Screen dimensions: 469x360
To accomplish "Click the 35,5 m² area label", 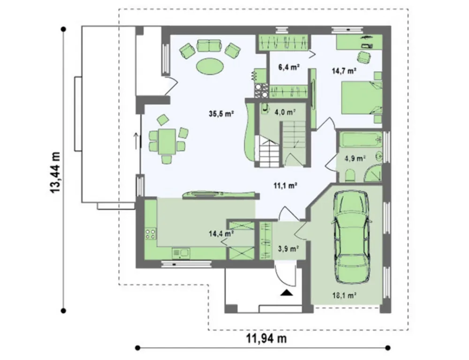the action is tap(221, 113).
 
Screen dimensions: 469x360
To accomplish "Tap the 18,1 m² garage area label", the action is tap(344, 295).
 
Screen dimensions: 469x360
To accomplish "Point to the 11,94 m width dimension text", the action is tap(266, 338).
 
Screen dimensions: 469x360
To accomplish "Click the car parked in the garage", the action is tap(352, 237).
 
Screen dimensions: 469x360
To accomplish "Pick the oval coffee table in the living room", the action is tap(209, 65).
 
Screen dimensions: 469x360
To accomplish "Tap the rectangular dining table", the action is tap(167, 142).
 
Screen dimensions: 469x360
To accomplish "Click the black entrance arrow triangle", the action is tap(287, 292).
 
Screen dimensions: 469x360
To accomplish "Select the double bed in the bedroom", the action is tap(362, 98).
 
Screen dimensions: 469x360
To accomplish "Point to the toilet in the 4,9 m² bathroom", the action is tap(350, 176).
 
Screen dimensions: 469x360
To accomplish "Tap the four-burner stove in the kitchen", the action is tap(151, 233).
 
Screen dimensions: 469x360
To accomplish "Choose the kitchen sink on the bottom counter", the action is tap(181, 254).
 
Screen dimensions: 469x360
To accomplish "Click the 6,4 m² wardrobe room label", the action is tap(289, 67).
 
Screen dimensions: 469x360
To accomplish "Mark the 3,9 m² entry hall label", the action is tap(287, 248).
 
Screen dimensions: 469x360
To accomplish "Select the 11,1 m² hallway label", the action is tap(285, 186).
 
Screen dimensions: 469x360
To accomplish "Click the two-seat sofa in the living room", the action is tap(209, 46).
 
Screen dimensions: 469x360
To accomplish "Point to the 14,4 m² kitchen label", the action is tap(221, 233).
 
